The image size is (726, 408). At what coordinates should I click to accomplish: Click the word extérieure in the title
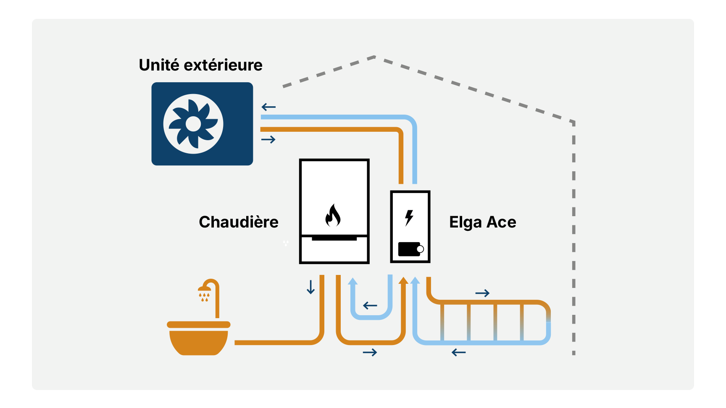coord(223,65)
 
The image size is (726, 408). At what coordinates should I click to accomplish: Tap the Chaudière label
coord(238,222)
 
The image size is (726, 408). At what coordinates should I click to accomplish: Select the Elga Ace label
coord(482,222)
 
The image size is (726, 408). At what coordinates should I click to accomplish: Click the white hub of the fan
coord(193,124)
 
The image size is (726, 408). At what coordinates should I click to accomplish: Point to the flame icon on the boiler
coord(333,215)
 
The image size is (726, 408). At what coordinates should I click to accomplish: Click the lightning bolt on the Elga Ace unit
coord(409,218)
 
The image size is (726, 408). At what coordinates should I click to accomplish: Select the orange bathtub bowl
coord(198,341)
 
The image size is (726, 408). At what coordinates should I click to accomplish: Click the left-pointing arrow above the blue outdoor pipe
coord(268,107)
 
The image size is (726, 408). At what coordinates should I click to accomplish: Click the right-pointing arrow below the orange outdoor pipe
coord(268,139)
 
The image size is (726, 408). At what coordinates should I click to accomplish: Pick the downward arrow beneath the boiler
coord(311,287)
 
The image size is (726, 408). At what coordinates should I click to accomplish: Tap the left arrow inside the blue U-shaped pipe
coord(370,306)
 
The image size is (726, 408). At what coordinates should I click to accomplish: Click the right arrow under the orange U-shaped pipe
coord(370,352)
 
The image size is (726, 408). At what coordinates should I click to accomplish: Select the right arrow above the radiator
coord(482,293)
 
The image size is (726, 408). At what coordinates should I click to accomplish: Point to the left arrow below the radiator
coord(459,353)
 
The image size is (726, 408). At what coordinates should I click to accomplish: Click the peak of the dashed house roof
coord(374,57)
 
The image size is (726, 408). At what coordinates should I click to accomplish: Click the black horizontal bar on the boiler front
coord(334,238)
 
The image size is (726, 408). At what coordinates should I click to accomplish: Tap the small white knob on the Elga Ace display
coord(420,249)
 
